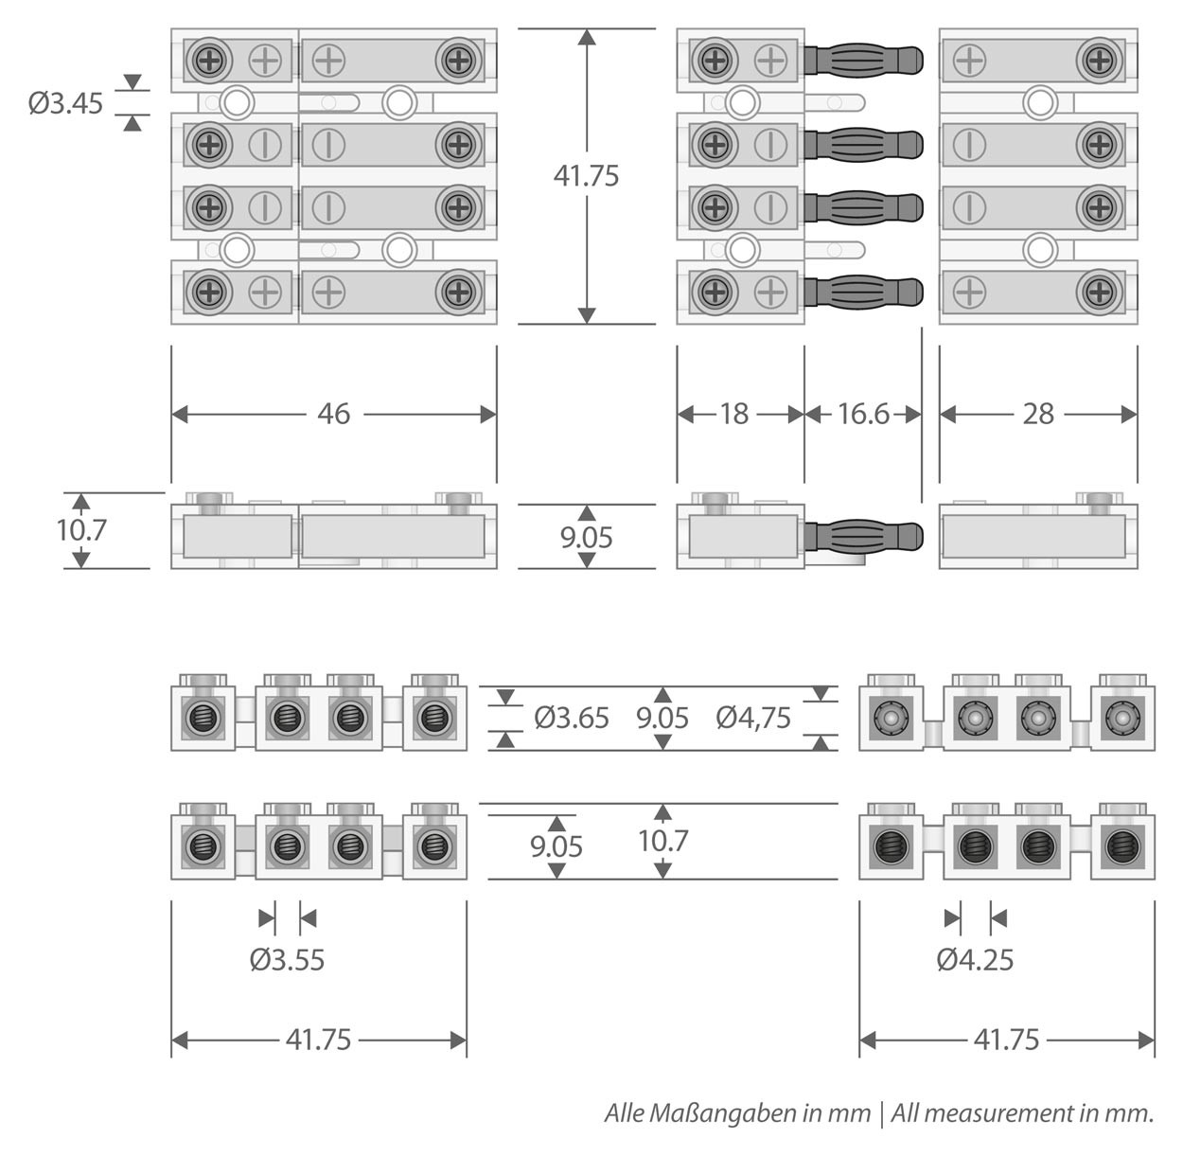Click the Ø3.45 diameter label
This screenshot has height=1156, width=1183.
[65, 102]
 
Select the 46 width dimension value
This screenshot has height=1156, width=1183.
[333, 414]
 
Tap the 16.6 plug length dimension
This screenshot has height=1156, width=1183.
[863, 414]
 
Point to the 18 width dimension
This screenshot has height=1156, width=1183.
[733, 414]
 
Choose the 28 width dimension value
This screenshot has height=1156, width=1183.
[1038, 414]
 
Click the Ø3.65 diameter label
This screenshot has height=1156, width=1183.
[572, 718]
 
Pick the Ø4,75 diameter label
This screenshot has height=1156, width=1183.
[753, 718]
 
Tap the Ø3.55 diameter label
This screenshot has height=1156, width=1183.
[288, 960]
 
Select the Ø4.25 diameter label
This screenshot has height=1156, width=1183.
[976, 960]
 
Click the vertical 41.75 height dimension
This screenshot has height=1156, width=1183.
[586, 175]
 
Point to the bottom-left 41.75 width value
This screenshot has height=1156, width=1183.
[319, 1040]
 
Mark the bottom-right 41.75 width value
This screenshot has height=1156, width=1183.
[1007, 1040]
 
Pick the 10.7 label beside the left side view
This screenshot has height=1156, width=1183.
[81, 529]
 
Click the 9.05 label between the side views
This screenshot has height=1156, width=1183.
[586, 537]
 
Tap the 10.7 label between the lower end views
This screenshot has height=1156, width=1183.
[662, 840]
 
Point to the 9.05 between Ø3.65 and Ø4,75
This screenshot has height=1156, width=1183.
[662, 718]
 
